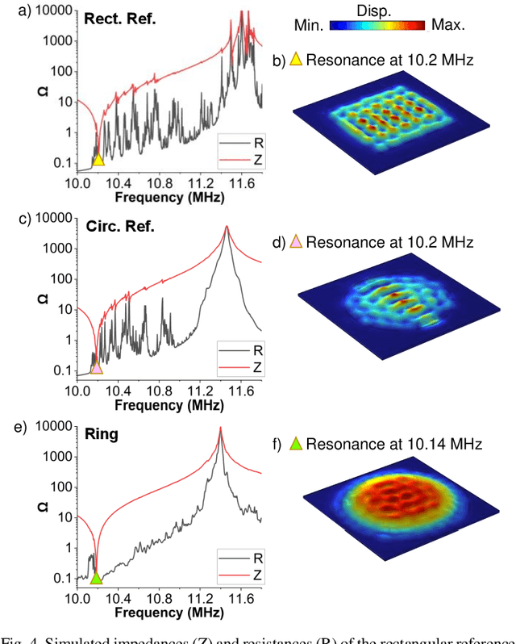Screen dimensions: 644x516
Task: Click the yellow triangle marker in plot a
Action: (98, 159)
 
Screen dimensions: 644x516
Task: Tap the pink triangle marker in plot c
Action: (97, 367)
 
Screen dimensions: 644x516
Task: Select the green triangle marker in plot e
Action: (96, 577)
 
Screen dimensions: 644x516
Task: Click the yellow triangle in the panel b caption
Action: (296, 59)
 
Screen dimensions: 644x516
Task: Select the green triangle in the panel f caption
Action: (296, 443)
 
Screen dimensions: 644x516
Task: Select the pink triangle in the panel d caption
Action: (296, 241)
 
